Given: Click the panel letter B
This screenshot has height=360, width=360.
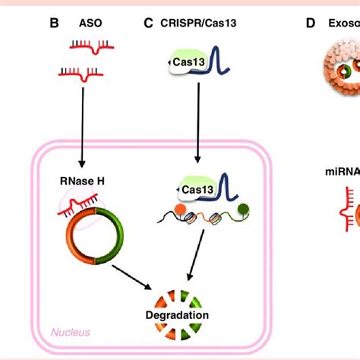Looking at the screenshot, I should (54, 24).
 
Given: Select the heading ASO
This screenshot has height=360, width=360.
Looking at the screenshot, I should (90, 24).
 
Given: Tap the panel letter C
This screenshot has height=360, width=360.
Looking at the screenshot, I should (148, 24).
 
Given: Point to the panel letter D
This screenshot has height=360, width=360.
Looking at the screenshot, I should (310, 24).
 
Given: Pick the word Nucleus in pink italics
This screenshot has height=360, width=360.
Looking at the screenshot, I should (71, 332).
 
